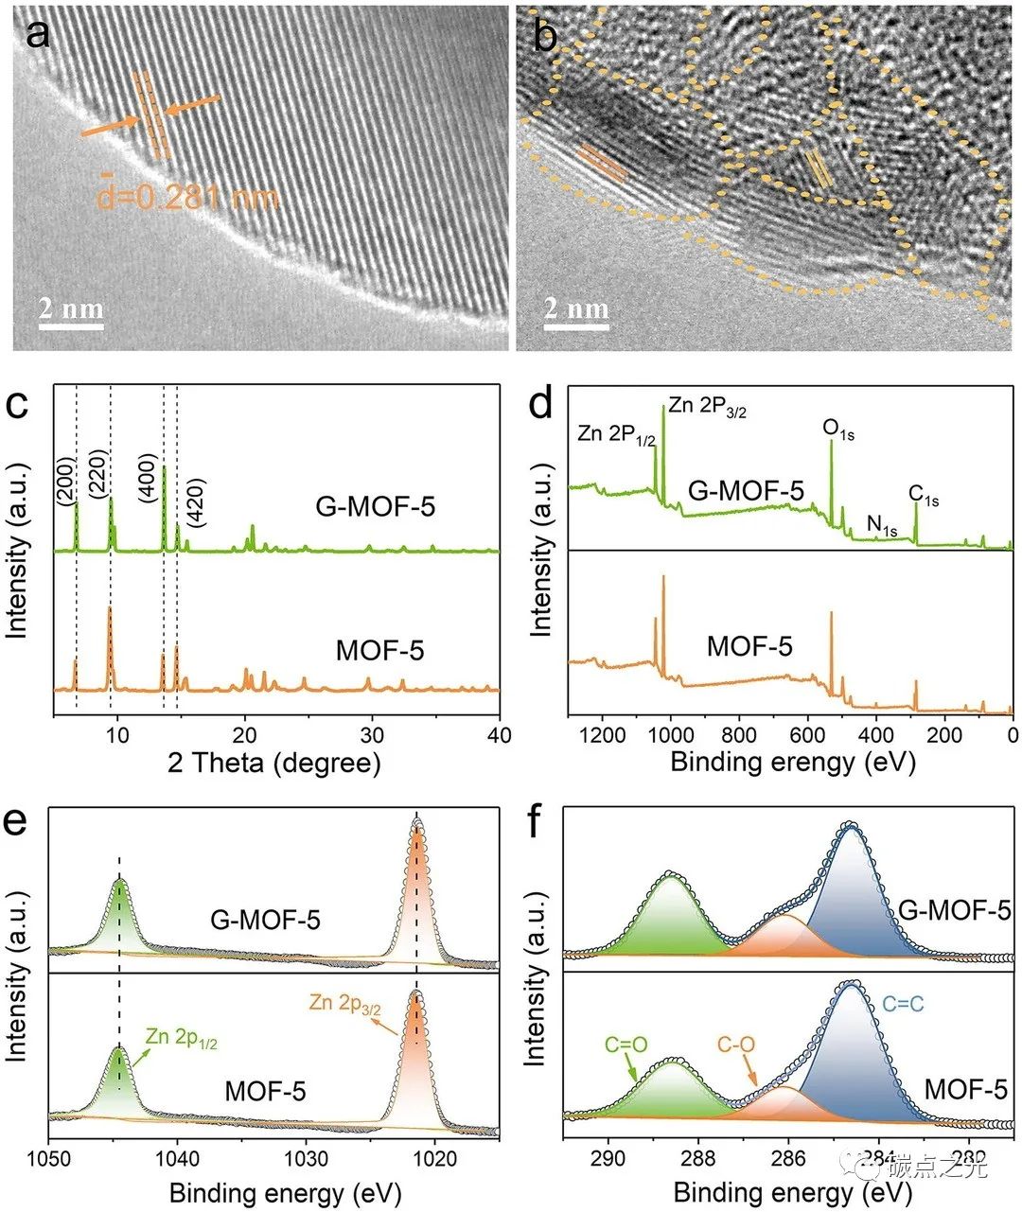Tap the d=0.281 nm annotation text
pos(188,198)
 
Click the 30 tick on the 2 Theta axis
pos(372,735)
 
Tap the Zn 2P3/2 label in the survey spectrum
pos(708,407)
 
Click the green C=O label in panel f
pos(626,1045)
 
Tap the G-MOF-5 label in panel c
pos(376,507)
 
